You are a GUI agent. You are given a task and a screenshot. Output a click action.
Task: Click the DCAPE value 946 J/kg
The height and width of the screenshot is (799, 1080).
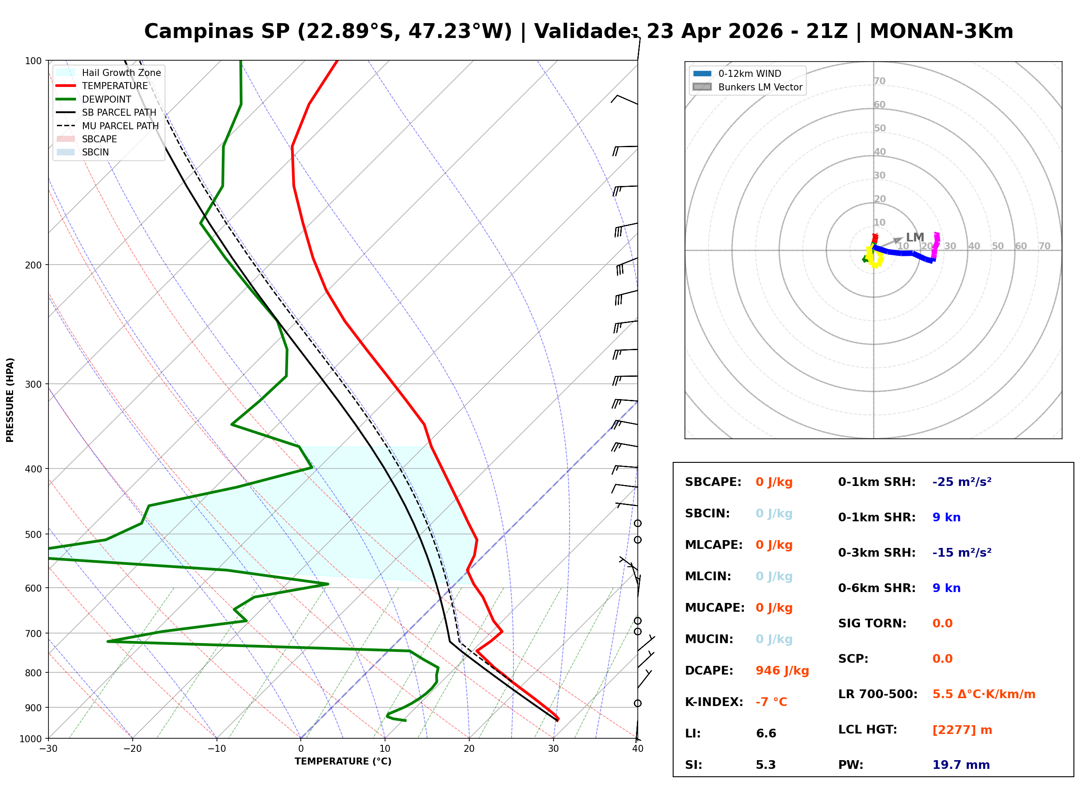click(782, 671)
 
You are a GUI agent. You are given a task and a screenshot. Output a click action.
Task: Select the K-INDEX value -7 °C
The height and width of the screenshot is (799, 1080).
click(771, 702)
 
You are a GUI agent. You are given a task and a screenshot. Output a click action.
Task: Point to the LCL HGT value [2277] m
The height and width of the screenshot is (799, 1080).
click(962, 730)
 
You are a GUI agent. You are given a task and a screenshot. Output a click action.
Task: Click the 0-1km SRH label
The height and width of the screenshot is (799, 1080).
click(877, 482)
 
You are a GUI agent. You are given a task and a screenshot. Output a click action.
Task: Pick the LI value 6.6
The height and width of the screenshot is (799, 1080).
click(766, 734)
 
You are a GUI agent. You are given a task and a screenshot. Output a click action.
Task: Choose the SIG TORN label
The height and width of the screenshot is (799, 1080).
click(872, 623)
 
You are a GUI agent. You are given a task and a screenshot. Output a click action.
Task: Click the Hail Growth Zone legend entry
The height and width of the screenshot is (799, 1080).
click(121, 72)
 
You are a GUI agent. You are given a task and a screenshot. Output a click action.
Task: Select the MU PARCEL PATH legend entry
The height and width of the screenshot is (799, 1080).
click(120, 126)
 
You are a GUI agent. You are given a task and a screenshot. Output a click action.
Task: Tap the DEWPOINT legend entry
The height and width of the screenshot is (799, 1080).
click(107, 99)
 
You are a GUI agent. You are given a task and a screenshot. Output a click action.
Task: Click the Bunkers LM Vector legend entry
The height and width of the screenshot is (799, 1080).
click(760, 87)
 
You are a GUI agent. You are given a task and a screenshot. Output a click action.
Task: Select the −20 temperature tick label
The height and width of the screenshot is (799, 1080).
click(132, 749)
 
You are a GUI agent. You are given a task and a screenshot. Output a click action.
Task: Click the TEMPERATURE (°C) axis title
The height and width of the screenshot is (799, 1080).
click(343, 761)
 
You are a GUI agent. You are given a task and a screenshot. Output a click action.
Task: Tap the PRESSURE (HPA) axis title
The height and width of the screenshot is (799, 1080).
click(10, 399)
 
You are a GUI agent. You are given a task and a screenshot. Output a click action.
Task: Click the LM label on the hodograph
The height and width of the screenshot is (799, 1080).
click(915, 238)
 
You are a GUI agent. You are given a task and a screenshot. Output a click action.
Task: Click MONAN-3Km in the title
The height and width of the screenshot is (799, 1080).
click(941, 31)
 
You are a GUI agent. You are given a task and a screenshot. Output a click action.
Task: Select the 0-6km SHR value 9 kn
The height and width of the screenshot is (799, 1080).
click(946, 588)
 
